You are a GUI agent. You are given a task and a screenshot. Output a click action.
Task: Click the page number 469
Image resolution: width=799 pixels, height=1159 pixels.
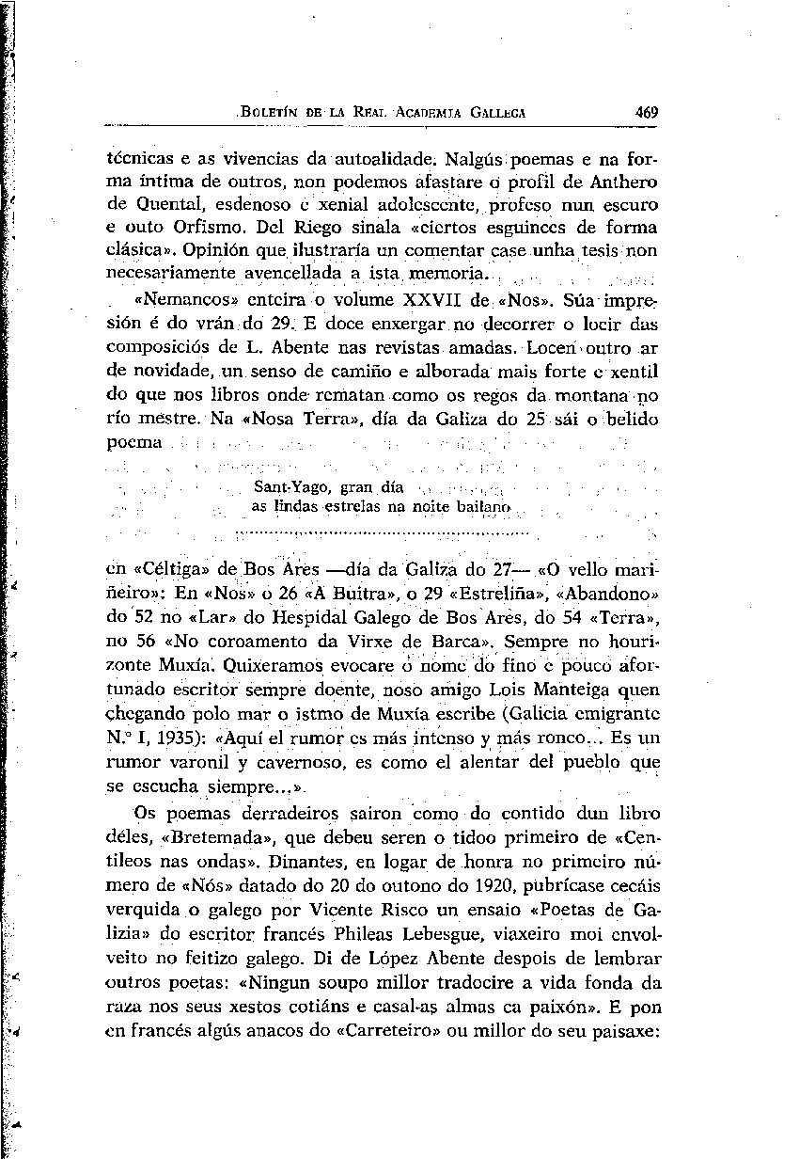(646, 112)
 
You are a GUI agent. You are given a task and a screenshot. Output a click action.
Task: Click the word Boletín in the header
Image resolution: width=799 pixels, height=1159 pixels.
(270, 112)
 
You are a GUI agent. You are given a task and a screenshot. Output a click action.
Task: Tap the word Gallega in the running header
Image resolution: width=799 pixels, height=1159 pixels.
(493, 112)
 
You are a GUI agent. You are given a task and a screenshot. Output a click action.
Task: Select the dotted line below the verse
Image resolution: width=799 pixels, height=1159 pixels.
(382, 532)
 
